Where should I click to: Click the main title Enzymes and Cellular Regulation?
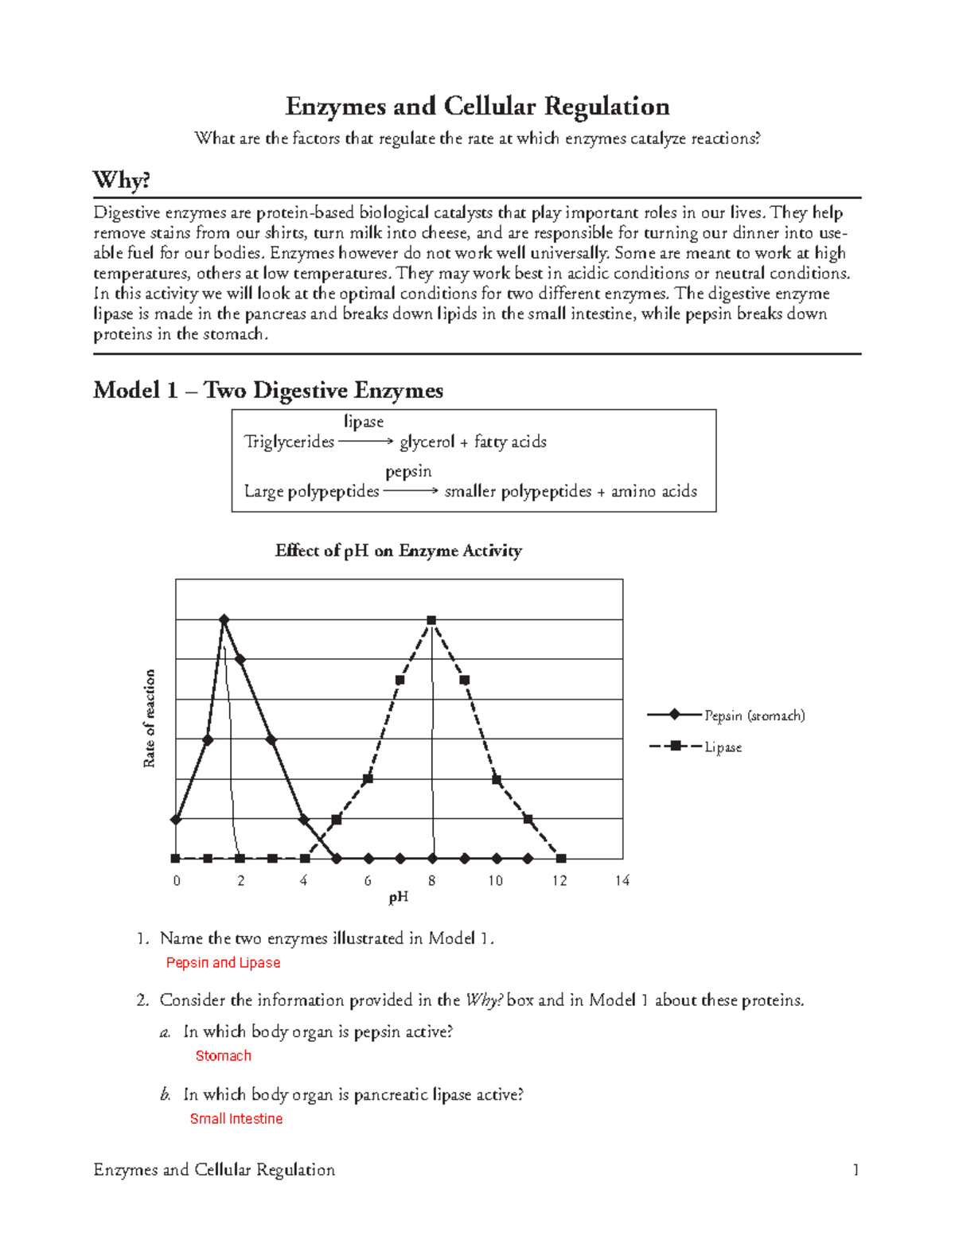[477, 107]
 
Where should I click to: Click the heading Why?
[121, 180]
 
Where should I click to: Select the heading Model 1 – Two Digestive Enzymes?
[267, 390]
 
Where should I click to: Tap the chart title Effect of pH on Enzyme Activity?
[398, 551]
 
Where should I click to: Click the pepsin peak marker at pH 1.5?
[224, 619]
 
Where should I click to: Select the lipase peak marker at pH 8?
[431, 620]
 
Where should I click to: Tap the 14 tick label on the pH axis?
[622, 880]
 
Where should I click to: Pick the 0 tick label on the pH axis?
[177, 880]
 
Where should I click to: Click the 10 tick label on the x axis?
[495, 880]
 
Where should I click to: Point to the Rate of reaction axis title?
[149, 719]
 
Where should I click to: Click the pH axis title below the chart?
[398, 898]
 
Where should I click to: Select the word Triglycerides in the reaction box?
[289, 442]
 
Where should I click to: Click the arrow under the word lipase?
[365, 442]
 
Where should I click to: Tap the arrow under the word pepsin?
[410, 491]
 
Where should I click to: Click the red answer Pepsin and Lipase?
[223, 963]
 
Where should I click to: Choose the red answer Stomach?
[223, 1056]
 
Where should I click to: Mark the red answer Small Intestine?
[236, 1119]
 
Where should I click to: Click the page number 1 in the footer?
[856, 1170]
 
